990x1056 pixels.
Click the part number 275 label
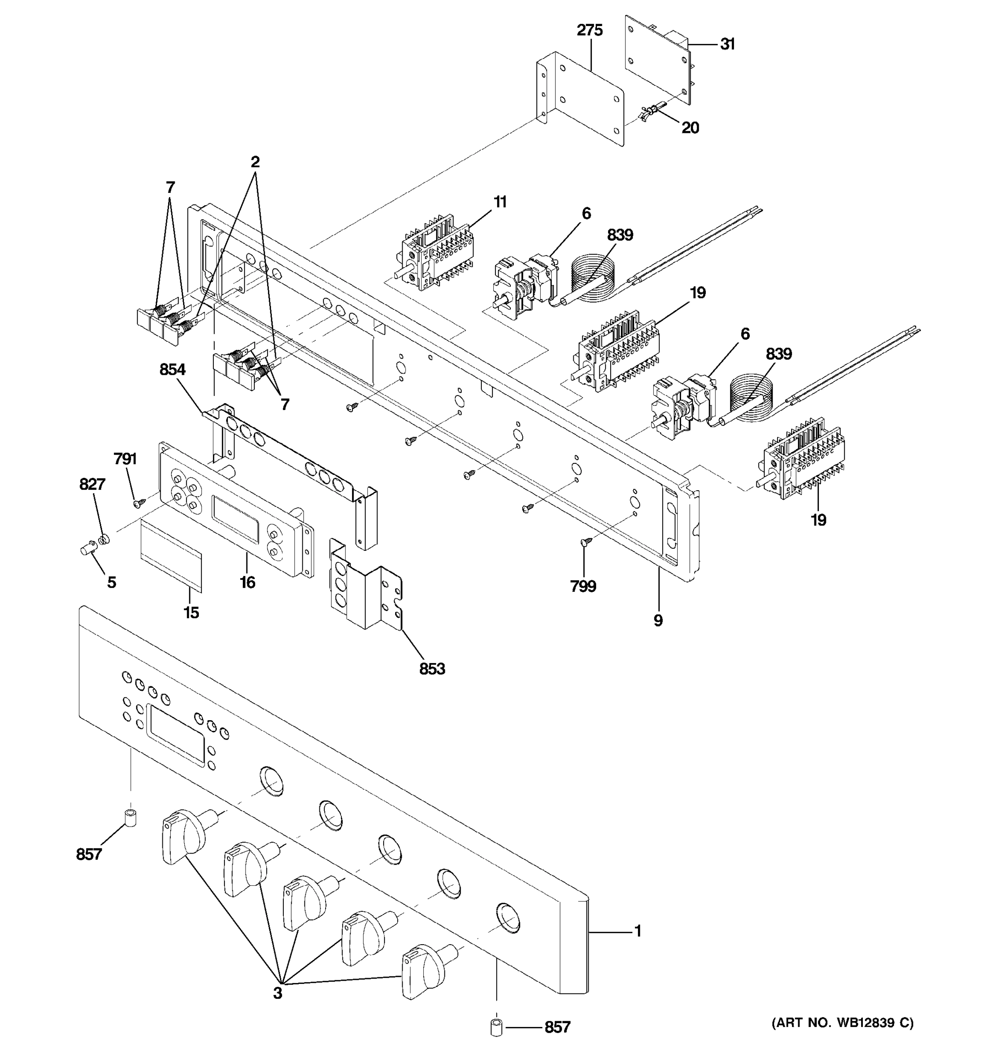click(x=590, y=31)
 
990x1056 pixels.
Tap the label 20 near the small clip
click(x=690, y=128)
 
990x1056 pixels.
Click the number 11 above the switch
click(x=500, y=202)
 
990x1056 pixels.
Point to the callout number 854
click(x=172, y=369)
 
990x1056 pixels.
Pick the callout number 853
click(x=432, y=669)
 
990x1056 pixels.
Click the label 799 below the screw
click(x=583, y=587)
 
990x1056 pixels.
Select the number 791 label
click(x=125, y=459)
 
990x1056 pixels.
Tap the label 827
click(x=92, y=484)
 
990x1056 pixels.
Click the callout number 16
click(x=247, y=582)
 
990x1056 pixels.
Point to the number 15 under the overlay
click(x=191, y=612)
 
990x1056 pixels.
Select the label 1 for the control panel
click(x=638, y=931)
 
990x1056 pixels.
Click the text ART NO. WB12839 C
click(x=842, y=1023)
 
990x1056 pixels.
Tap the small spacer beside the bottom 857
click(x=496, y=1027)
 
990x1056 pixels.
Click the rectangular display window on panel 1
click(x=175, y=736)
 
